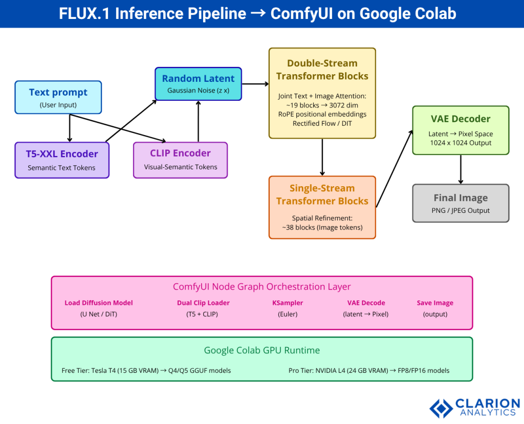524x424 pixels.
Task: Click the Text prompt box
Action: coord(58,97)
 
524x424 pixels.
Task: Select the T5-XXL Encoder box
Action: coord(61,160)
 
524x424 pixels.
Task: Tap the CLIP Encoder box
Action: coord(180,160)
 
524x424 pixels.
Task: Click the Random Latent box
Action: coord(198,84)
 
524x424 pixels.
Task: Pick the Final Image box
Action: coord(461,203)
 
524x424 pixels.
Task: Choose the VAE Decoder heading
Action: coord(461,119)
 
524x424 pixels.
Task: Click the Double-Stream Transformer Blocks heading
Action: coord(322,70)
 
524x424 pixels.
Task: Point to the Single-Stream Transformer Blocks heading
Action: coord(322,194)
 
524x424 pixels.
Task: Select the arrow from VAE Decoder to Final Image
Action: coord(461,169)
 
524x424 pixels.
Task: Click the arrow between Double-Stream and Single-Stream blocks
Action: coord(322,157)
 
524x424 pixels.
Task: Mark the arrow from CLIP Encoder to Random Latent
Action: coord(198,121)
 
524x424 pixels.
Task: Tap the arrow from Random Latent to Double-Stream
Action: coord(255,83)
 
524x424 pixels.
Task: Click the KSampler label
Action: coord(287,303)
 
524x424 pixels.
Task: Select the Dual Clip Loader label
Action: coord(203,303)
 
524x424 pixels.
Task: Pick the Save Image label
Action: coord(435,303)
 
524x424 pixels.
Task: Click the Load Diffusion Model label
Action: coord(98,303)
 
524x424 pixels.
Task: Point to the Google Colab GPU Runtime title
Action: coord(261,350)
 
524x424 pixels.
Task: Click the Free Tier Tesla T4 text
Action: coord(146,370)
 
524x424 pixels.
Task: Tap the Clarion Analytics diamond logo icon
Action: coord(440,408)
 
